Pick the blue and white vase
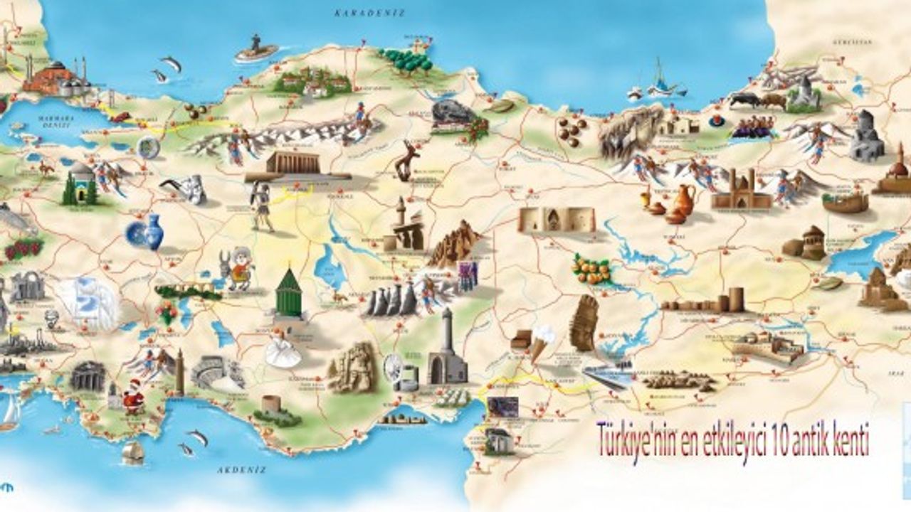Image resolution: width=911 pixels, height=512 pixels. tap(147, 233)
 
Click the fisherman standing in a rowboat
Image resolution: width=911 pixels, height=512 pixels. tap(256, 48)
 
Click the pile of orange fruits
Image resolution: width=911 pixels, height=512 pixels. tap(591, 270)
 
